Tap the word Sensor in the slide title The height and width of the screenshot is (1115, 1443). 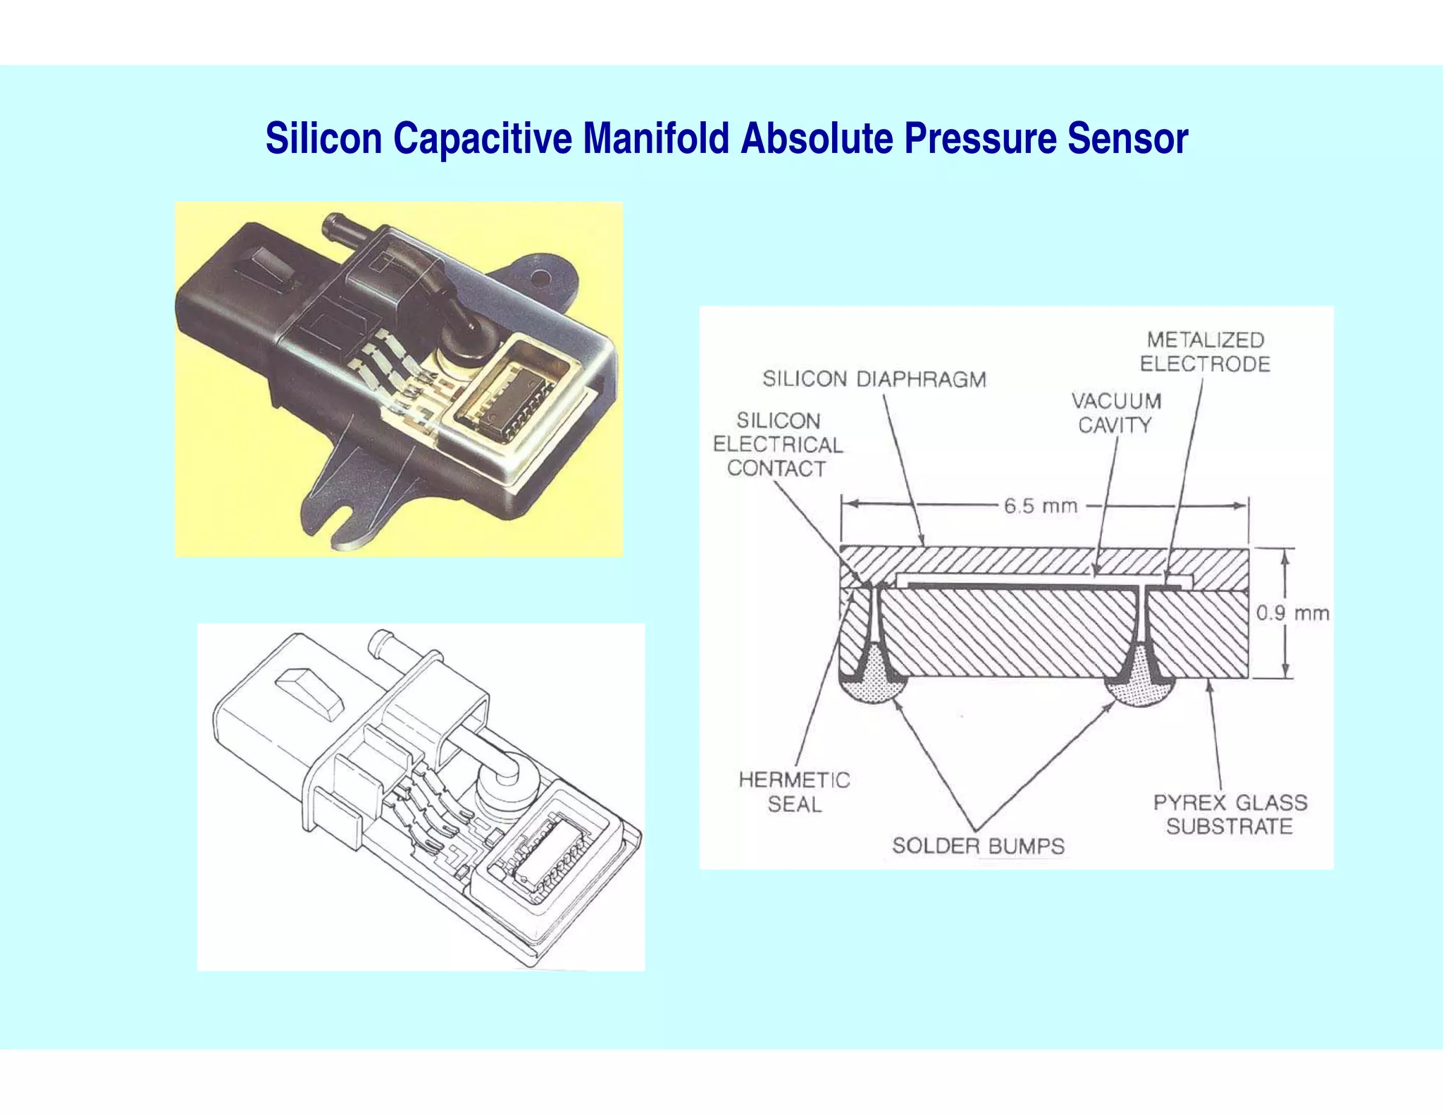click(1127, 138)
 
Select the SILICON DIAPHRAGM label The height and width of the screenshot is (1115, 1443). click(874, 379)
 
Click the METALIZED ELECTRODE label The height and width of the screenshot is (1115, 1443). click(1205, 352)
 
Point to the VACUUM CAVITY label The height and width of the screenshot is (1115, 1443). click(1116, 413)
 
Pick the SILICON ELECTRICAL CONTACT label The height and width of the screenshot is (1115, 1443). click(777, 445)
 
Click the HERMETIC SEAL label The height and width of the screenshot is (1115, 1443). click(794, 791)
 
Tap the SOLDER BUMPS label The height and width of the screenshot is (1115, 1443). click(978, 846)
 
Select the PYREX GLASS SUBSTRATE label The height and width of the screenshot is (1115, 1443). click(1230, 814)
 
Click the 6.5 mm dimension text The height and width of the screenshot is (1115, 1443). click(1041, 506)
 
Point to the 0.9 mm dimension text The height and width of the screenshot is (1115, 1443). click(1292, 613)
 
